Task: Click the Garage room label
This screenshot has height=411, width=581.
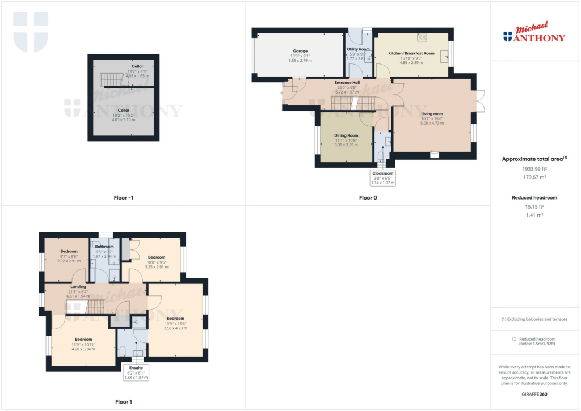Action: click(x=300, y=50)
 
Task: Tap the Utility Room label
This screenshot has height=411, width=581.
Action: click(x=358, y=49)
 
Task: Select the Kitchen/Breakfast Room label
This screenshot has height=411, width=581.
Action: click(x=411, y=53)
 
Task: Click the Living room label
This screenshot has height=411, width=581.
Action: click(x=431, y=114)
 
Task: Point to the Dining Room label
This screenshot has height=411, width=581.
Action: click(x=346, y=135)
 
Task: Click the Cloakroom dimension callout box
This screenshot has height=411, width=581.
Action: click(x=382, y=178)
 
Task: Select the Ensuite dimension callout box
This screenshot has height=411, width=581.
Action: click(x=136, y=372)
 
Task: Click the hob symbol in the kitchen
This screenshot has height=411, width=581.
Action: click(x=422, y=38)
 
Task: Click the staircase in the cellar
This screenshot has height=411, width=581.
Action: click(x=112, y=79)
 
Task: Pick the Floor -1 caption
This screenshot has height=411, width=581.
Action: click(x=123, y=198)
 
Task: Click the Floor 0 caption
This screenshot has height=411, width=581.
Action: click(x=368, y=198)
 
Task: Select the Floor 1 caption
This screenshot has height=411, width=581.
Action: click(x=123, y=402)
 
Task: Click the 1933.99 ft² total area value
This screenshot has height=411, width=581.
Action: click(x=534, y=168)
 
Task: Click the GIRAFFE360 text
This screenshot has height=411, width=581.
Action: click(x=534, y=394)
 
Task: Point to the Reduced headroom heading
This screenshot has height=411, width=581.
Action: click(x=534, y=197)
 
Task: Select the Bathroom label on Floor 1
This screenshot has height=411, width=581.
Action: click(x=104, y=247)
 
